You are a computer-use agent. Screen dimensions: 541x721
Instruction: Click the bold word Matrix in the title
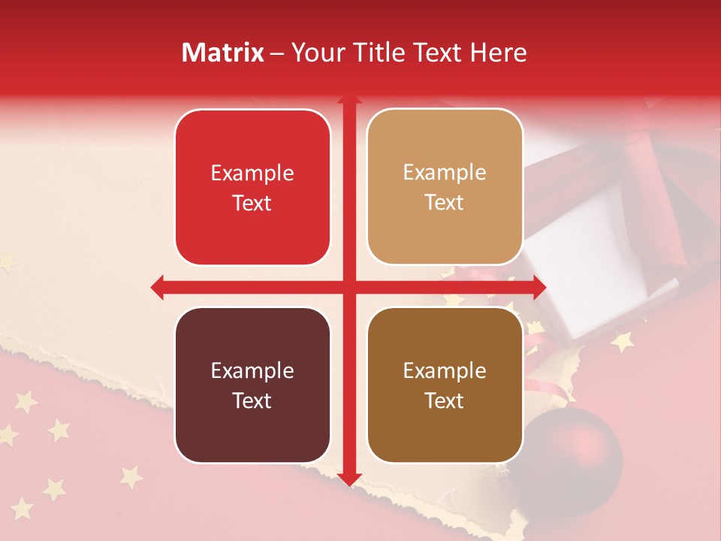[223, 53]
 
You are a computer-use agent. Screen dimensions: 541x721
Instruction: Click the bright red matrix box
[252, 187]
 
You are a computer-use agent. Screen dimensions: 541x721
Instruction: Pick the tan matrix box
[445, 187]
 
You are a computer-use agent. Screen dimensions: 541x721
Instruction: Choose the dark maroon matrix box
[252, 385]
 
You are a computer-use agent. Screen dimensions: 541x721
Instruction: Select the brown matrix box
[445, 385]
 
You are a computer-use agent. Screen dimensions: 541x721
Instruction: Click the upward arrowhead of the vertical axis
[348, 99]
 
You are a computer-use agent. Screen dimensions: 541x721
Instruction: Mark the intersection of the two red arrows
[348, 287]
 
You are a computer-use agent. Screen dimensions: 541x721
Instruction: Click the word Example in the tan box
[445, 172]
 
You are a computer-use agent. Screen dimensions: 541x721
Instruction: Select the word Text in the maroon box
[252, 400]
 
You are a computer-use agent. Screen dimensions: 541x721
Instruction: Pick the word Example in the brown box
[445, 370]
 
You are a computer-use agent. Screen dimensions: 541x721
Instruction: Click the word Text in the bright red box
[252, 203]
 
